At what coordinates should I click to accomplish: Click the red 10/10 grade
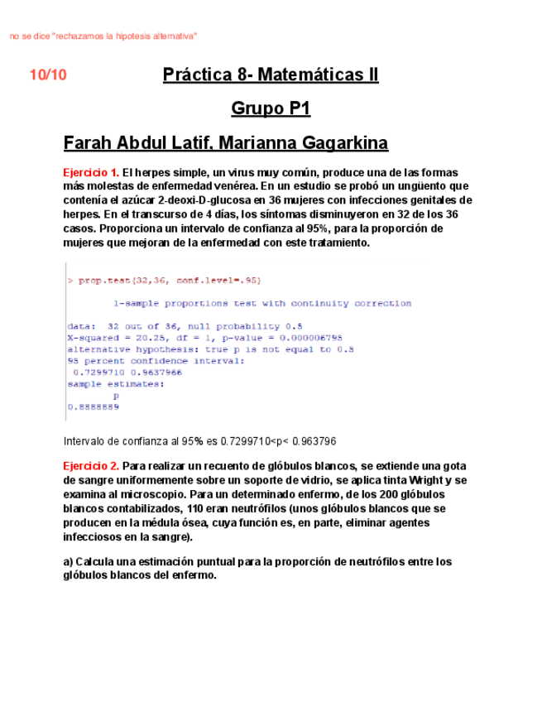tap(48, 75)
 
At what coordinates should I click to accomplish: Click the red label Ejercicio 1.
tap(91, 173)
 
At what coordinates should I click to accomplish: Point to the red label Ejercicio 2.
tap(91, 466)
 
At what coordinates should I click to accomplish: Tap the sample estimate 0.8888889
tap(92, 406)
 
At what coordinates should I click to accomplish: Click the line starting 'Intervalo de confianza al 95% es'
tap(199, 441)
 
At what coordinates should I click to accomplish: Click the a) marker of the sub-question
tap(70, 561)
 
